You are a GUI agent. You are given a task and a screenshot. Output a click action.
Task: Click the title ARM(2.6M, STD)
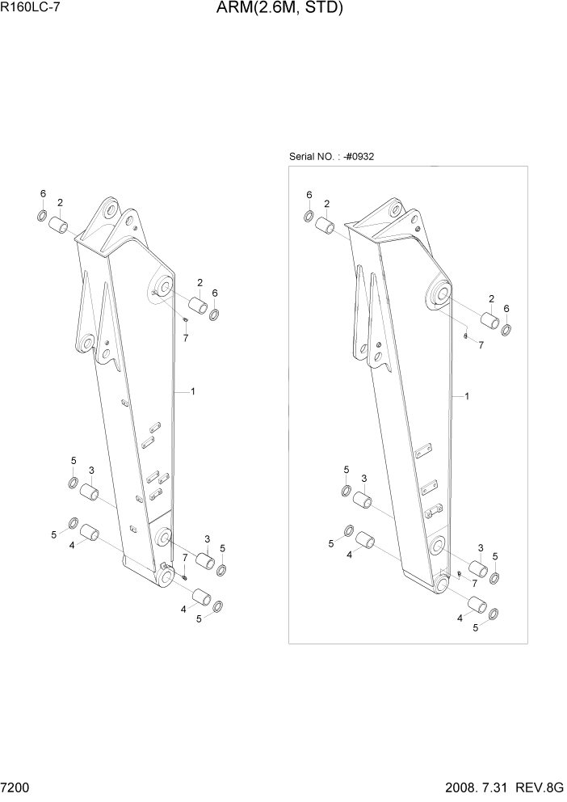pyautogui.click(x=279, y=9)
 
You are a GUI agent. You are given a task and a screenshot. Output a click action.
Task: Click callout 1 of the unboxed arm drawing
pyautogui.click(x=192, y=391)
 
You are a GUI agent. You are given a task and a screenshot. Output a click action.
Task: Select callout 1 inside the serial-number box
pyautogui.click(x=467, y=396)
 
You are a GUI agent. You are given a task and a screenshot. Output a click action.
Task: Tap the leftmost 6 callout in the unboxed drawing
pyautogui.click(x=43, y=193)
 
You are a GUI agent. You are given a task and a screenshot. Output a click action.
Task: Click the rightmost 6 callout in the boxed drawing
pyautogui.click(x=506, y=308)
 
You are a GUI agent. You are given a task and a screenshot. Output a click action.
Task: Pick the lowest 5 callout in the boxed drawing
pyautogui.click(x=475, y=627)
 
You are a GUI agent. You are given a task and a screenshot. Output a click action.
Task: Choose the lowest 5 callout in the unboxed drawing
pyautogui.click(x=199, y=618)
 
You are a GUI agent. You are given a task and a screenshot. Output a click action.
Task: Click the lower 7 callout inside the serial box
pyautogui.click(x=474, y=583)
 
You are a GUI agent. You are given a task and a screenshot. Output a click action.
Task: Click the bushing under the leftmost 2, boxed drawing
pyautogui.click(x=325, y=226)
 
